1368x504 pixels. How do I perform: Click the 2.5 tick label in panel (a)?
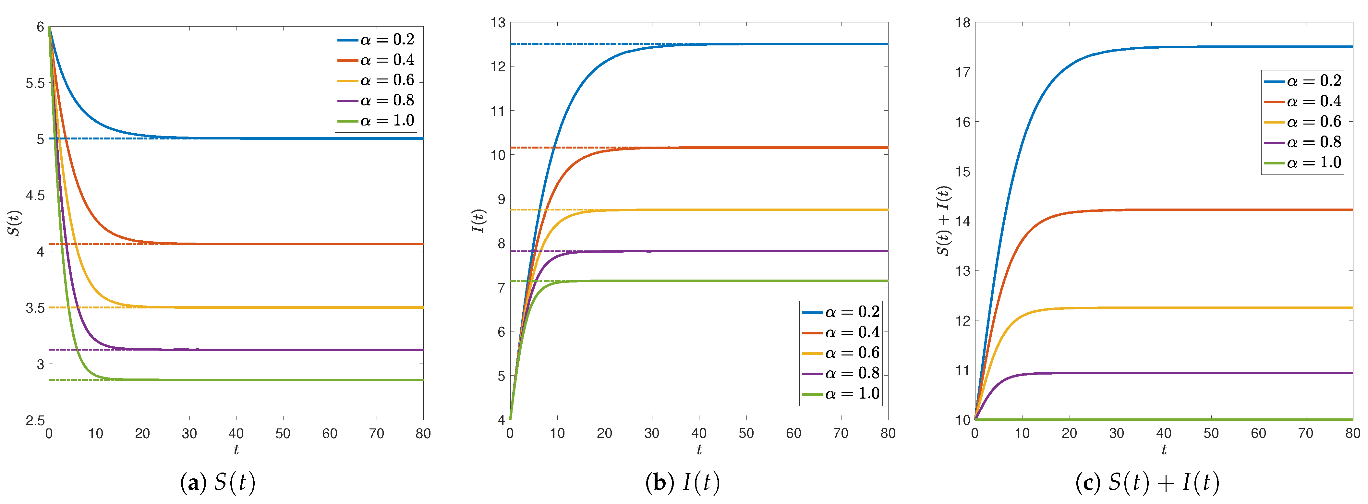[35, 421]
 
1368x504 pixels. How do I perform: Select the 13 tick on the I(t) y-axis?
[498, 23]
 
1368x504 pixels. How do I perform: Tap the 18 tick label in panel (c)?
[962, 23]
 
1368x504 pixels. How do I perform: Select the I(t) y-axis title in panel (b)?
[478, 221]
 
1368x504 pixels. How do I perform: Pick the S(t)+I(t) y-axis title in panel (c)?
[944, 221]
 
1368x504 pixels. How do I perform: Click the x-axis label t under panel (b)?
[699, 450]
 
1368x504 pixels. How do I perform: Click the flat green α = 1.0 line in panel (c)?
[1168, 420]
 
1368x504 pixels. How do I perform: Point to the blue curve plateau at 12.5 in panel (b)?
[797, 44]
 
